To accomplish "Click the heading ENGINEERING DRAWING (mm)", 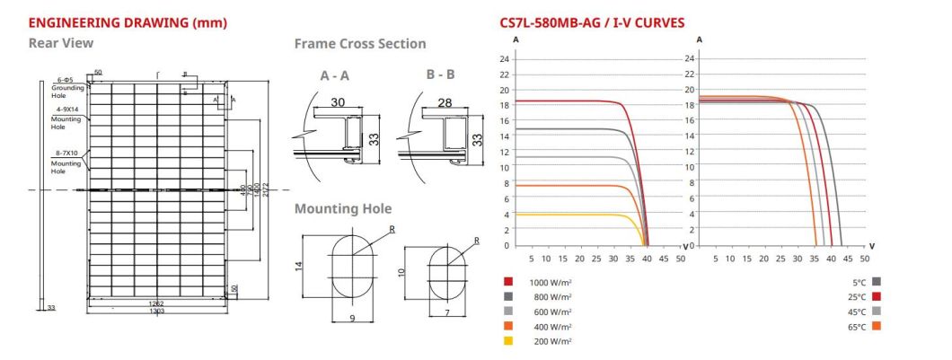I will [x=114, y=22].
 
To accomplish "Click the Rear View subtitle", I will [x=61, y=42].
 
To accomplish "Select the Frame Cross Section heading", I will [x=360, y=43].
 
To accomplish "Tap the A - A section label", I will [x=335, y=76].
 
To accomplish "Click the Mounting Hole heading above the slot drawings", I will [x=343, y=208].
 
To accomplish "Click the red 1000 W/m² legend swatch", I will [x=507, y=281].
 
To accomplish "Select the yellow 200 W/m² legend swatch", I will [x=507, y=341].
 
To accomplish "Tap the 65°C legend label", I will [x=856, y=327].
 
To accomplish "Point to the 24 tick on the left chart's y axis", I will [x=505, y=59].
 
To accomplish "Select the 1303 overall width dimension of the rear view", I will [x=155, y=310].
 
